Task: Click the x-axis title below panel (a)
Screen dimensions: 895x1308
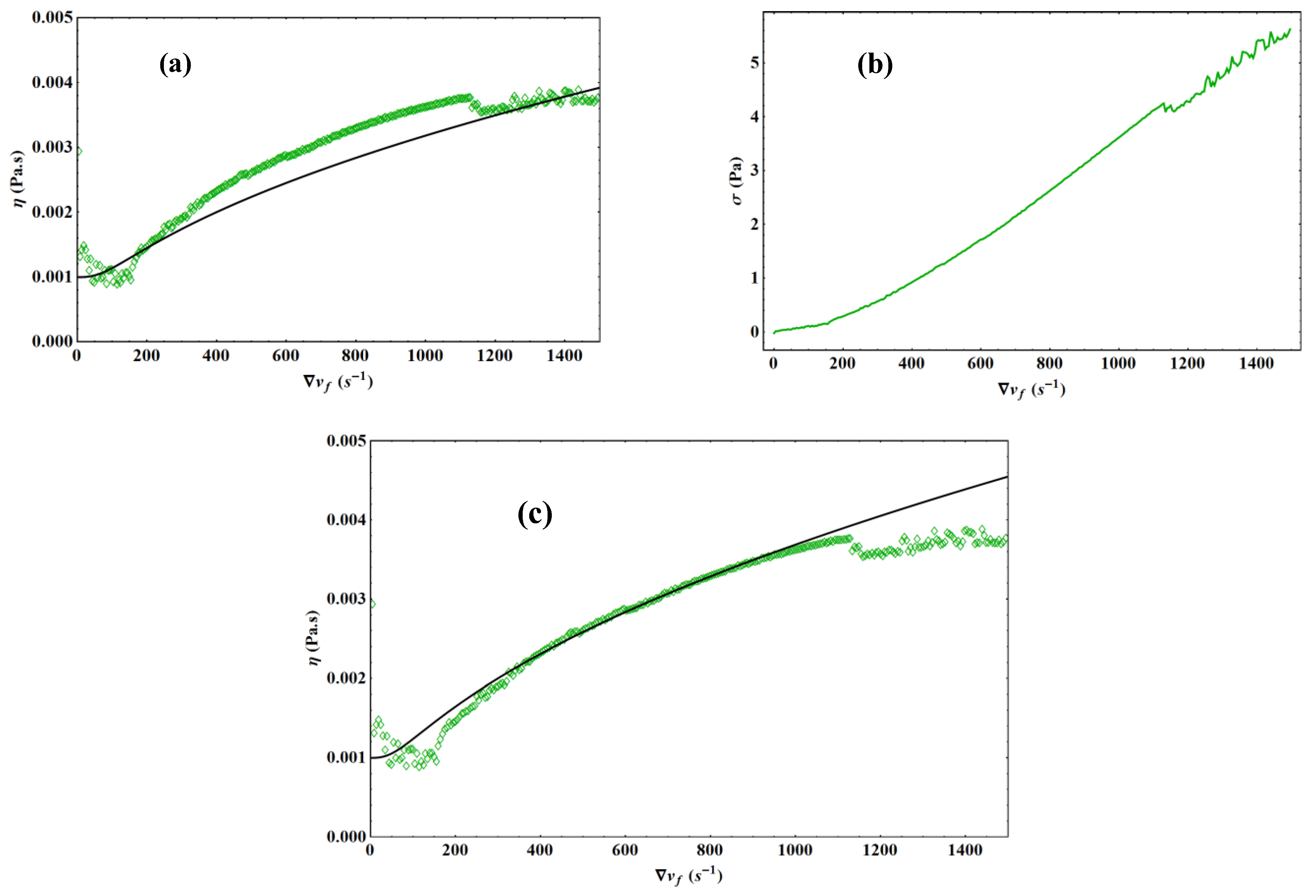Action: click(x=338, y=382)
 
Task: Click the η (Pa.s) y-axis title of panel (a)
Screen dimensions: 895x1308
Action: click(x=19, y=178)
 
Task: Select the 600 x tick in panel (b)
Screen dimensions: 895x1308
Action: click(x=980, y=364)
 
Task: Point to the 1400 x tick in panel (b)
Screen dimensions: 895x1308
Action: click(x=1256, y=364)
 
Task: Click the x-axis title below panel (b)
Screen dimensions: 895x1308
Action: click(x=1031, y=390)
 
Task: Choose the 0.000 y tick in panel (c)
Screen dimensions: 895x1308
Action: click(x=346, y=836)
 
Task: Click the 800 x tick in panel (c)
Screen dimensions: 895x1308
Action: click(x=710, y=850)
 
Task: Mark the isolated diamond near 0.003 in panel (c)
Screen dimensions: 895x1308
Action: click(x=372, y=604)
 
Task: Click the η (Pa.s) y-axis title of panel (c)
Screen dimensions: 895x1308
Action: click(x=313, y=638)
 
